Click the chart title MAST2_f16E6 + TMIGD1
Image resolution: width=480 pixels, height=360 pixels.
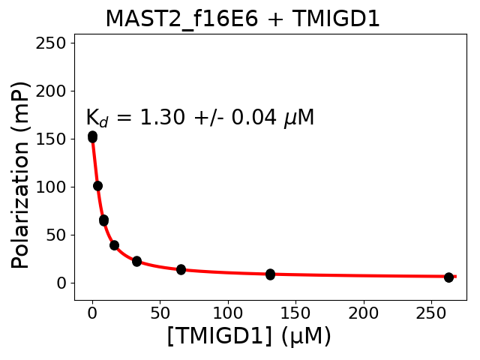click(242, 19)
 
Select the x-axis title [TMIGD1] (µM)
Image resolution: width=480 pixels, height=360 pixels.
click(249, 336)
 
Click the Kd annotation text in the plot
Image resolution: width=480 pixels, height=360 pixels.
click(199, 118)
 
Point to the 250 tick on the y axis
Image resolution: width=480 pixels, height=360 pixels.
click(53, 43)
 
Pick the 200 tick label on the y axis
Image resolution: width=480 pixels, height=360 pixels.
click(53, 91)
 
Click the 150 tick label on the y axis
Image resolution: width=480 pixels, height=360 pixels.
click(53, 139)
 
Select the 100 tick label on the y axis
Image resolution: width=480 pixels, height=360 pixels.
click(53, 187)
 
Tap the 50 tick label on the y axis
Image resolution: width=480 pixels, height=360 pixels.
click(58, 235)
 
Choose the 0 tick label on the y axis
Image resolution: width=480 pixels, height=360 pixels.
click(62, 283)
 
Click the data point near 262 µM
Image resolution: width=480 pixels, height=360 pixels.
click(448, 277)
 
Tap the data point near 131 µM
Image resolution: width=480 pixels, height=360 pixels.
click(270, 274)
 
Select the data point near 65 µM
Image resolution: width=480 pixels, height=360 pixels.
click(181, 269)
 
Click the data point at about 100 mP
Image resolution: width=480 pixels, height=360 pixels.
click(97, 186)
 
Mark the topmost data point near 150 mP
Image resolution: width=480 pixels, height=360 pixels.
click(92, 136)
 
